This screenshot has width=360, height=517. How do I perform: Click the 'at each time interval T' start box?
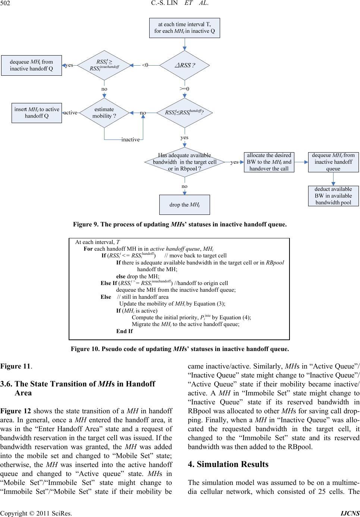coord(185,28)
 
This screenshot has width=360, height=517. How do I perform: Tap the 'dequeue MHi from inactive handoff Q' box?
coord(31,65)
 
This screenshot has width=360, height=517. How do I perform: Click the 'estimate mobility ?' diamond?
coord(104,113)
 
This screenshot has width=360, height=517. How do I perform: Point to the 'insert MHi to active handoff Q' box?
coord(37,113)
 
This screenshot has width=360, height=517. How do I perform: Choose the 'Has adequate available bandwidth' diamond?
coord(185,162)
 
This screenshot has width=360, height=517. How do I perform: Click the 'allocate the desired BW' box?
coord(269,162)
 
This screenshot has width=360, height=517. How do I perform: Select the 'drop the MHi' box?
coord(185,205)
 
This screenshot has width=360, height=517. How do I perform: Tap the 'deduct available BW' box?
coord(333,196)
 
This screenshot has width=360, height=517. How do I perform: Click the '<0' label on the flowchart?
coord(145,65)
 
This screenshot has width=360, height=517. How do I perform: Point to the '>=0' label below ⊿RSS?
coord(185,89)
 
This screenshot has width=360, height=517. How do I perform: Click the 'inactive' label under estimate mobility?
coord(130,140)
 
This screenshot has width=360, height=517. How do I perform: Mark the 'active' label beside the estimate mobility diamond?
coord(70,113)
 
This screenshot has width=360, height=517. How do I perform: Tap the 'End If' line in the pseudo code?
coord(124,331)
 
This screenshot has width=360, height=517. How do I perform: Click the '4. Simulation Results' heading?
coord(228,464)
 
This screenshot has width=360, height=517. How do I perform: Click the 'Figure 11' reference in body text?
coord(15,366)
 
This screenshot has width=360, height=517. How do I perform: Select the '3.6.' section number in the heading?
coord(7,385)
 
